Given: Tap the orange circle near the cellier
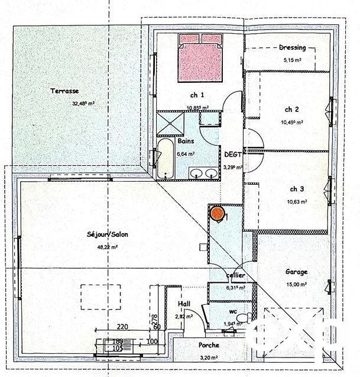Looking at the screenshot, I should click(217, 213).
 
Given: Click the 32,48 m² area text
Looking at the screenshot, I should click(83, 102).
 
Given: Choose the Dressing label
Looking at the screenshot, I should click(292, 48).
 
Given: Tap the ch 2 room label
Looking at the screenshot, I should click(292, 109).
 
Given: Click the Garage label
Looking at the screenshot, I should click(296, 272).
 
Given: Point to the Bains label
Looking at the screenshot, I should click(186, 141).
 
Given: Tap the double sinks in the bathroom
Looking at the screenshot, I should click(205, 174).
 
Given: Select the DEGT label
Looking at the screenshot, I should click(232, 154).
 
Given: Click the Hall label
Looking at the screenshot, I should click(184, 304).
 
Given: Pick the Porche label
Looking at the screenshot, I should click(209, 345).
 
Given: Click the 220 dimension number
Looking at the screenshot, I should click(122, 326).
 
